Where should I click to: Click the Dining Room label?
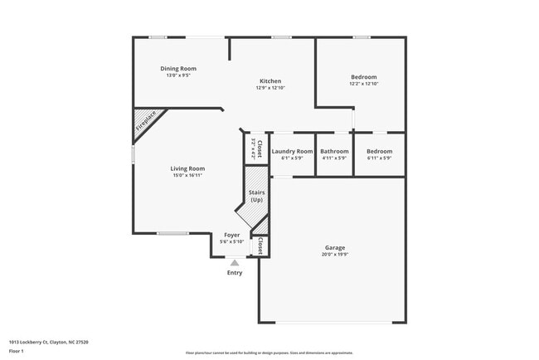pyautogui.click(x=178, y=68)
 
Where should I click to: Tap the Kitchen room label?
pyautogui.click(x=270, y=80)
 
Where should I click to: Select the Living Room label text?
pyautogui.click(x=188, y=168)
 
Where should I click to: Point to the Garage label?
pyautogui.click(x=334, y=247)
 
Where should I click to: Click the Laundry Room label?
pyautogui.click(x=292, y=151)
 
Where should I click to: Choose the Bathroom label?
pyautogui.click(x=334, y=151)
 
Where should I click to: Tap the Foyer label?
pyautogui.click(x=231, y=235)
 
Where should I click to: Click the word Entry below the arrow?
pyautogui.click(x=235, y=273)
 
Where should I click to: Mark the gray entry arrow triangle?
pyautogui.click(x=235, y=263)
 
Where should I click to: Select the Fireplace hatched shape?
pyautogui.click(x=147, y=123)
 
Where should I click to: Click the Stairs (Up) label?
pyautogui.click(x=256, y=197)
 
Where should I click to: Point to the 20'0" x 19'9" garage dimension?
pyautogui.click(x=334, y=255)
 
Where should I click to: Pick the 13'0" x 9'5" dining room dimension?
pyautogui.click(x=178, y=75)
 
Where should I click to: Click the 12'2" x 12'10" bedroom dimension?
pyautogui.click(x=363, y=84)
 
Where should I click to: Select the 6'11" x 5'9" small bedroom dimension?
pyautogui.click(x=379, y=158)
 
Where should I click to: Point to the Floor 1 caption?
pyautogui.click(x=17, y=352)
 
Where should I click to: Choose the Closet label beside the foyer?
pyautogui.click(x=260, y=246)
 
